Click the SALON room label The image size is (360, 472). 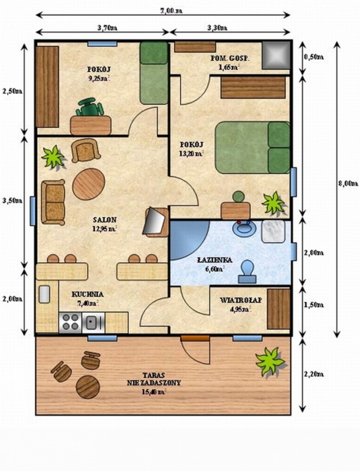[x=104, y=219]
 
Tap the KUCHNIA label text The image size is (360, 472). [x=87, y=294]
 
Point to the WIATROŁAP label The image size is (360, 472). [x=241, y=300]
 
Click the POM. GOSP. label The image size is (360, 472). [x=230, y=58]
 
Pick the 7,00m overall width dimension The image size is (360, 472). [x=171, y=11]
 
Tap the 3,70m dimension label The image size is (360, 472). [x=107, y=28]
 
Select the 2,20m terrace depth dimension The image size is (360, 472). [x=313, y=374]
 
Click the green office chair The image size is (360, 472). [x=90, y=107]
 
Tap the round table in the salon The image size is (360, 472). [x=89, y=184]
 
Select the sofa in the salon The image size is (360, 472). [x=53, y=202]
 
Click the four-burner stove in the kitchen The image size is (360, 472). [x=70, y=322]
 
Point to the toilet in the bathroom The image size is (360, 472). [x=247, y=271]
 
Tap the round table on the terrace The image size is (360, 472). [x=88, y=387]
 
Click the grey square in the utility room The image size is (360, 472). [x=276, y=55]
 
